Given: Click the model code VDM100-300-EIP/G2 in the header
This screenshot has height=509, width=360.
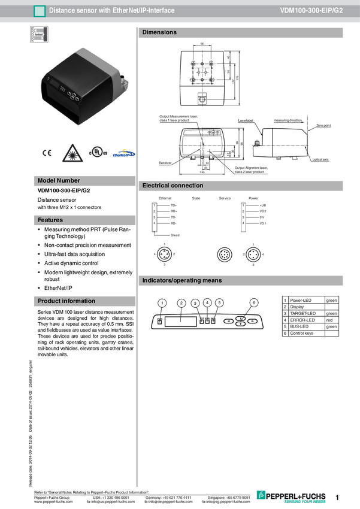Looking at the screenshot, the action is pos(311,11).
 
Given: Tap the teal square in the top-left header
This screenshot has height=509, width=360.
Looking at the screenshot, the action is pos(40,11).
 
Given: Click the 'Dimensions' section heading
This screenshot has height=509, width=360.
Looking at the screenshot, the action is pos(159,32).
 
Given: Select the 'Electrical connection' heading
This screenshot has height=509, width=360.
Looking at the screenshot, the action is pos(173,186).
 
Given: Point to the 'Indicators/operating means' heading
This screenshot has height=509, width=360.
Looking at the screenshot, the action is pos(181,280).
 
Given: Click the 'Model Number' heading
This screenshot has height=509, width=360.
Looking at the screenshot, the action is pos(59,180).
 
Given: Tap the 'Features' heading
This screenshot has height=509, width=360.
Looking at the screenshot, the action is pos(50,220).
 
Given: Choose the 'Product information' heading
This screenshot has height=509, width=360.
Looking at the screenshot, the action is pos(66,301).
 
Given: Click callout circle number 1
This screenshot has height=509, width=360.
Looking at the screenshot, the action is pos(162,303).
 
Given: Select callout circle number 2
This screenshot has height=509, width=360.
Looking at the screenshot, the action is pos(181,303).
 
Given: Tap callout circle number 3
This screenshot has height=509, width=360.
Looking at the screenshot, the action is pos(195,303).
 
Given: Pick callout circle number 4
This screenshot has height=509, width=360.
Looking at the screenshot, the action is pos(207,302).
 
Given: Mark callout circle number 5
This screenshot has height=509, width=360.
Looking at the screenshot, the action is pos(219,302).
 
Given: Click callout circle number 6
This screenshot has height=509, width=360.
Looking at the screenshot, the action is pos(254,303).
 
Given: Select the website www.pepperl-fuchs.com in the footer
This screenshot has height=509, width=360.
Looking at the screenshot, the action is pos(54,502).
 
